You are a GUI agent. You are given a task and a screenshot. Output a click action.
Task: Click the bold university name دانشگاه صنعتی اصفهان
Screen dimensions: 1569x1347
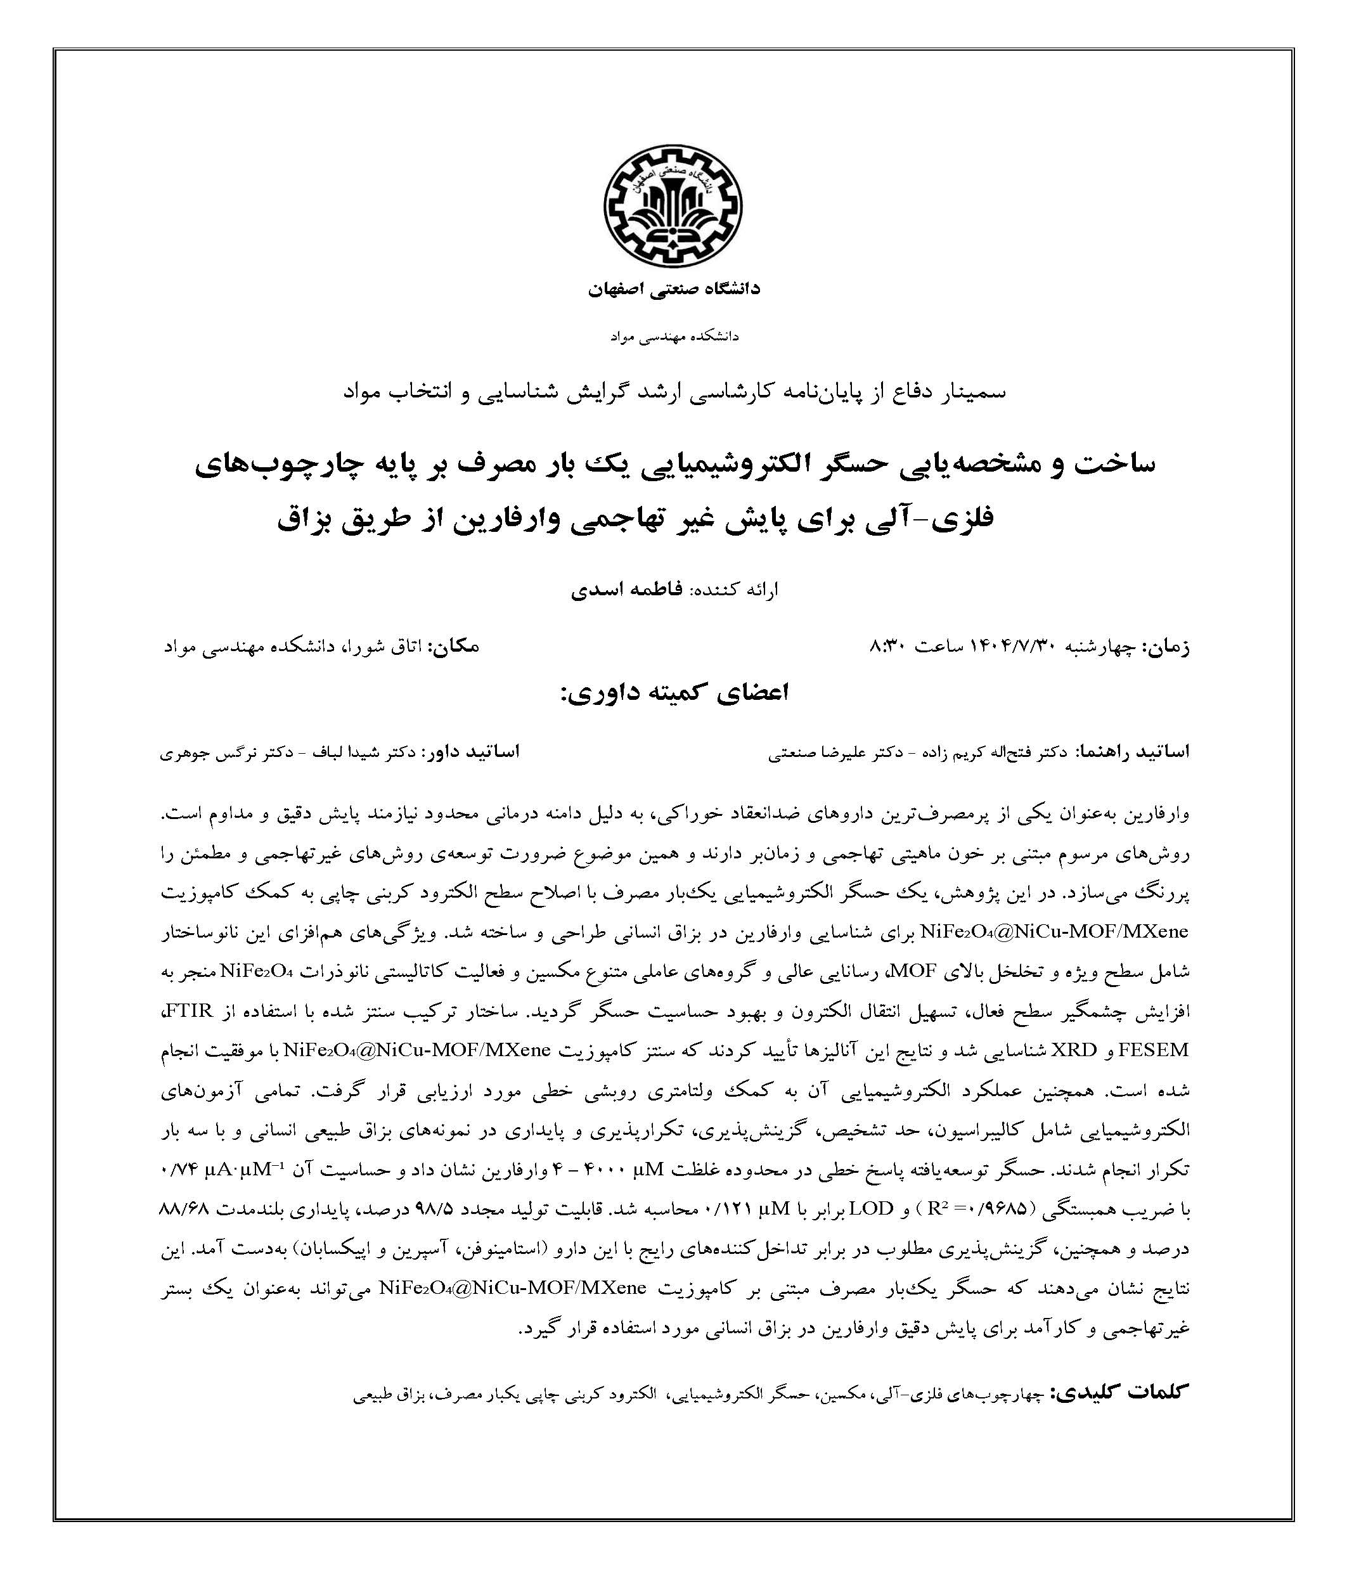pyautogui.click(x=673, y=289)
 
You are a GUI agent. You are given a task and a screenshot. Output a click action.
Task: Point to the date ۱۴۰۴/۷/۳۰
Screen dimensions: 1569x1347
pyautogui.click(x=1007, y=647)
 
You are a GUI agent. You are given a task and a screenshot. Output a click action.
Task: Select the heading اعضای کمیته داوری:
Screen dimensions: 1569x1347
pyautogui.click(x=673, y=693)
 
